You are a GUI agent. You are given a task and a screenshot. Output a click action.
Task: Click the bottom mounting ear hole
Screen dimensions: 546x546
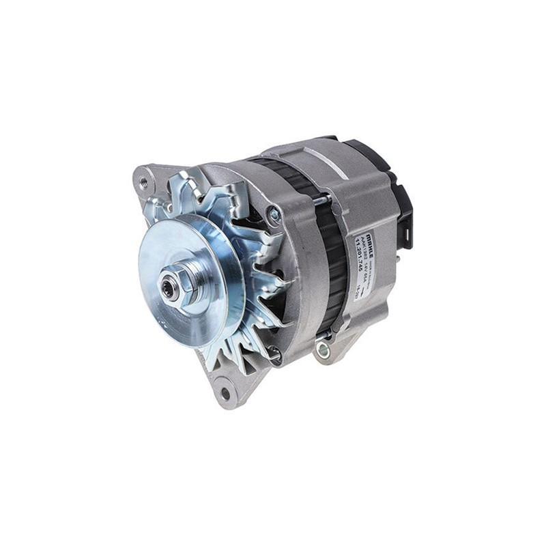click(x=225, y=393)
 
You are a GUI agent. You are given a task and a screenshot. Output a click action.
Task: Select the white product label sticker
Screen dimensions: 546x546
click(x=365, y=256)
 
